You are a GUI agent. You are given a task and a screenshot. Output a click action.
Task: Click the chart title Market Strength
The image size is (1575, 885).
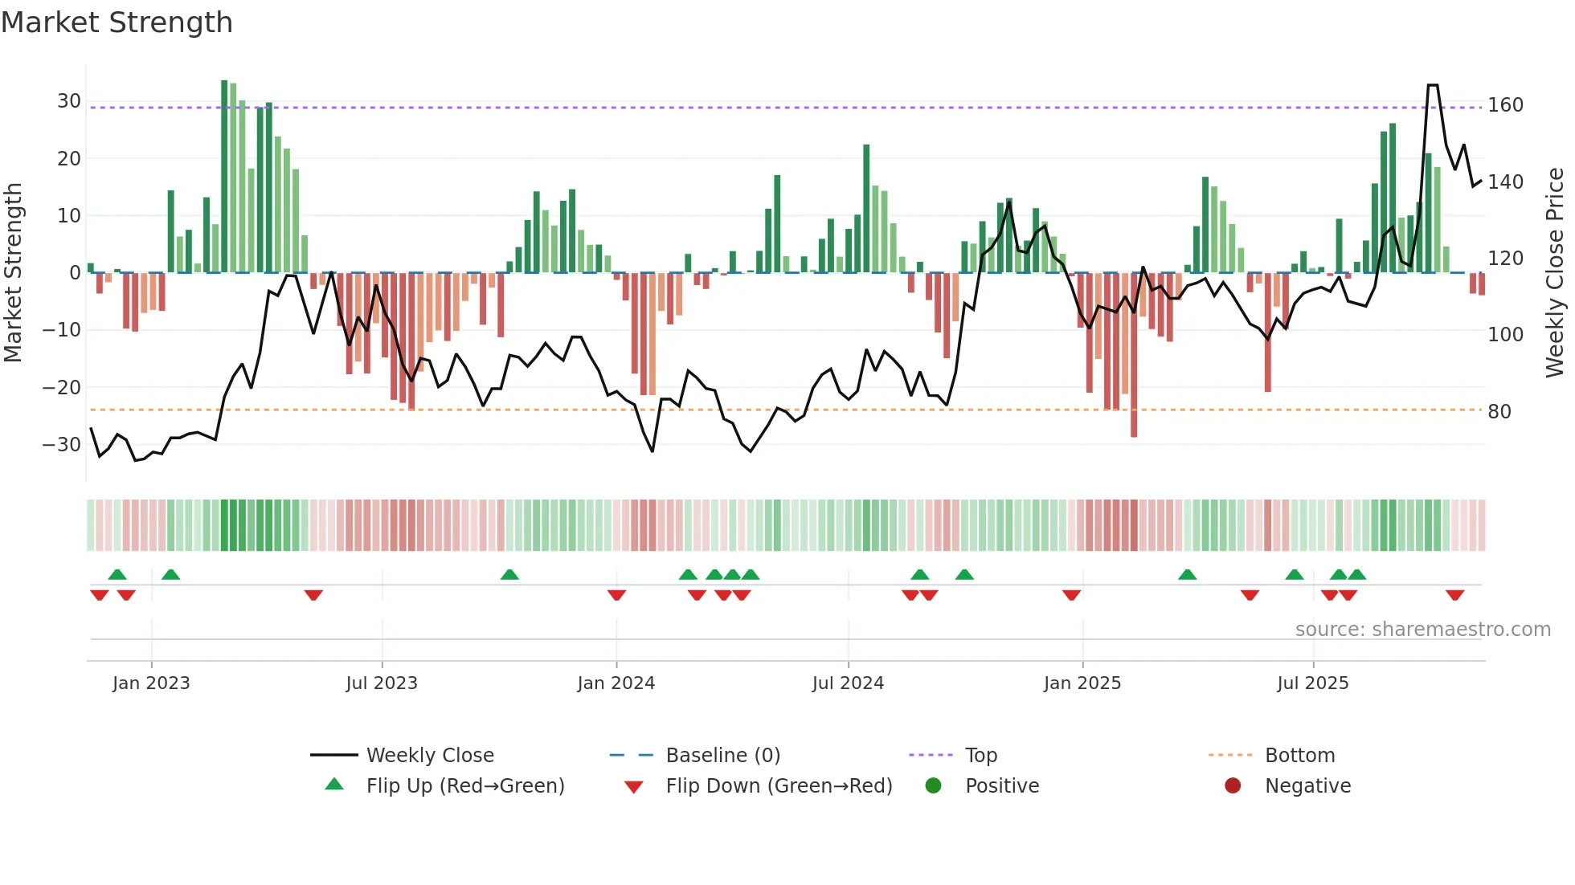pos(117,22)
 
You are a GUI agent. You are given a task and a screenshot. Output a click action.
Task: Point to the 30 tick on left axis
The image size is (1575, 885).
pos(69,101)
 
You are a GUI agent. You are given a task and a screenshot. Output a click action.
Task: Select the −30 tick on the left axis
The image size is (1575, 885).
pos(63,444)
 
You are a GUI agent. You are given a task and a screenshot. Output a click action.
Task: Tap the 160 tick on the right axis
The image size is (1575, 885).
pos(1505,105)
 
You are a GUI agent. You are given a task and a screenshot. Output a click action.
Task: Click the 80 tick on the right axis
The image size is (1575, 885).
pos(1499,412)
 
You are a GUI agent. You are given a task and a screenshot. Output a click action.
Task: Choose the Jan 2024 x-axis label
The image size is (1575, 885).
pos(616,683)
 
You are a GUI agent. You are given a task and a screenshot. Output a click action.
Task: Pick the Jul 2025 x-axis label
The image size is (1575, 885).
pos(1312,683)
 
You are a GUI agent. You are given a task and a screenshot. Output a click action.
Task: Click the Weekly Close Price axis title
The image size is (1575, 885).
pos(1556,273)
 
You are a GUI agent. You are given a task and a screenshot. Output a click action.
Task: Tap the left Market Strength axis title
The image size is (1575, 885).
pos(13,273)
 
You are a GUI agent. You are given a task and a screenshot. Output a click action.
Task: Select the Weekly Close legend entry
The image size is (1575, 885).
pos(429,756)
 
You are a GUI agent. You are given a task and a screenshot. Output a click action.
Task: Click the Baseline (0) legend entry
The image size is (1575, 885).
pos(722,756)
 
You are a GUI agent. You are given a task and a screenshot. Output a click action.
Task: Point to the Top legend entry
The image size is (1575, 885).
pos(980,756)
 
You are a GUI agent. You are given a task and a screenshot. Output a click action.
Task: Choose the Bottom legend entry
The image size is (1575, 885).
pos(1299,756)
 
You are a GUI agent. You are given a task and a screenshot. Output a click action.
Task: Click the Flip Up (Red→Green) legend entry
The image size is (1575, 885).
pos(464,786)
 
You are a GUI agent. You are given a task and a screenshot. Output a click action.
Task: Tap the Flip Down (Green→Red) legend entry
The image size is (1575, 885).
pos(778,786)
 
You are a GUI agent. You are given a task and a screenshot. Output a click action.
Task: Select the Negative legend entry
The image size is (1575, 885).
pos(1307,786)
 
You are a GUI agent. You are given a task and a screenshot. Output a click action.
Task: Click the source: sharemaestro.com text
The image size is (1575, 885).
pos(1422,630)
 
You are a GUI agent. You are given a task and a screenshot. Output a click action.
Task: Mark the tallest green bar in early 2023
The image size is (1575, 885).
pos(224,177)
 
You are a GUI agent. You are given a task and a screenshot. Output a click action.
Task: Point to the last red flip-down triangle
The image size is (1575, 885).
pos(1454,595)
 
